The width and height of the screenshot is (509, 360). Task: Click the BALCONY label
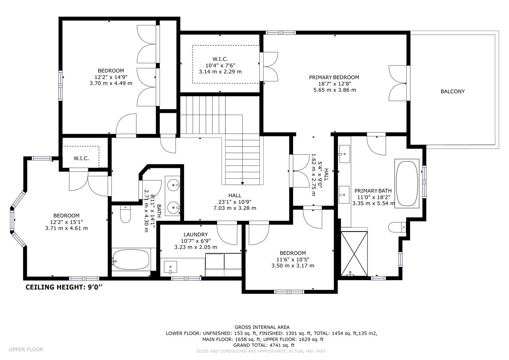[x=453, y=91]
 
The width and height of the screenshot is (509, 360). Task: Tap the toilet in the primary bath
[x=397, y=227]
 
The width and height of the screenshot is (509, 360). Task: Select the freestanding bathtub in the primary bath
[x=407, y=184]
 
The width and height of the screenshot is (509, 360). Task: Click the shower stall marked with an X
[x=354, y=254]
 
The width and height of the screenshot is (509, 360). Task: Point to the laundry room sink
[x=171, y=267]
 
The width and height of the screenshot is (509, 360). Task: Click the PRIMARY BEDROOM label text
[x=334, y=77]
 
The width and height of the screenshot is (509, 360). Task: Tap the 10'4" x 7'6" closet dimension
[x=220, y=66]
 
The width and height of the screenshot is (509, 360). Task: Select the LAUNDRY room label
[x=196, y=234]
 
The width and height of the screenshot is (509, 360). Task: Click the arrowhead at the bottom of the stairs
[x=243, y=183]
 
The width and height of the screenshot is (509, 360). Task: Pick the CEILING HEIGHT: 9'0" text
[x=64, y=287]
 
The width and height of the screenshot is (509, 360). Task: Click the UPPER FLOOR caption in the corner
[x=26, y=350]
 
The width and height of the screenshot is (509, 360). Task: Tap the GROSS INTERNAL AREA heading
[x=262, y=327]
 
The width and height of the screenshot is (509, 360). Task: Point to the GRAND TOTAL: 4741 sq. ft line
[x=264, y=345]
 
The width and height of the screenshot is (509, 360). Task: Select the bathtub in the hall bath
[x=131, y=259]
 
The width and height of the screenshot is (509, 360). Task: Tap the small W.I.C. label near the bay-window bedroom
[x=81, y=158]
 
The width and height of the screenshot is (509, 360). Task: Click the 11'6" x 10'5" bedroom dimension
[x=293, y=259]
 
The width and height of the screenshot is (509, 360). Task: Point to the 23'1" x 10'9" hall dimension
[x=235, y=202]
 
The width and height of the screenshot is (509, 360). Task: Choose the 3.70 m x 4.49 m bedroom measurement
[x=111, y=83]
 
